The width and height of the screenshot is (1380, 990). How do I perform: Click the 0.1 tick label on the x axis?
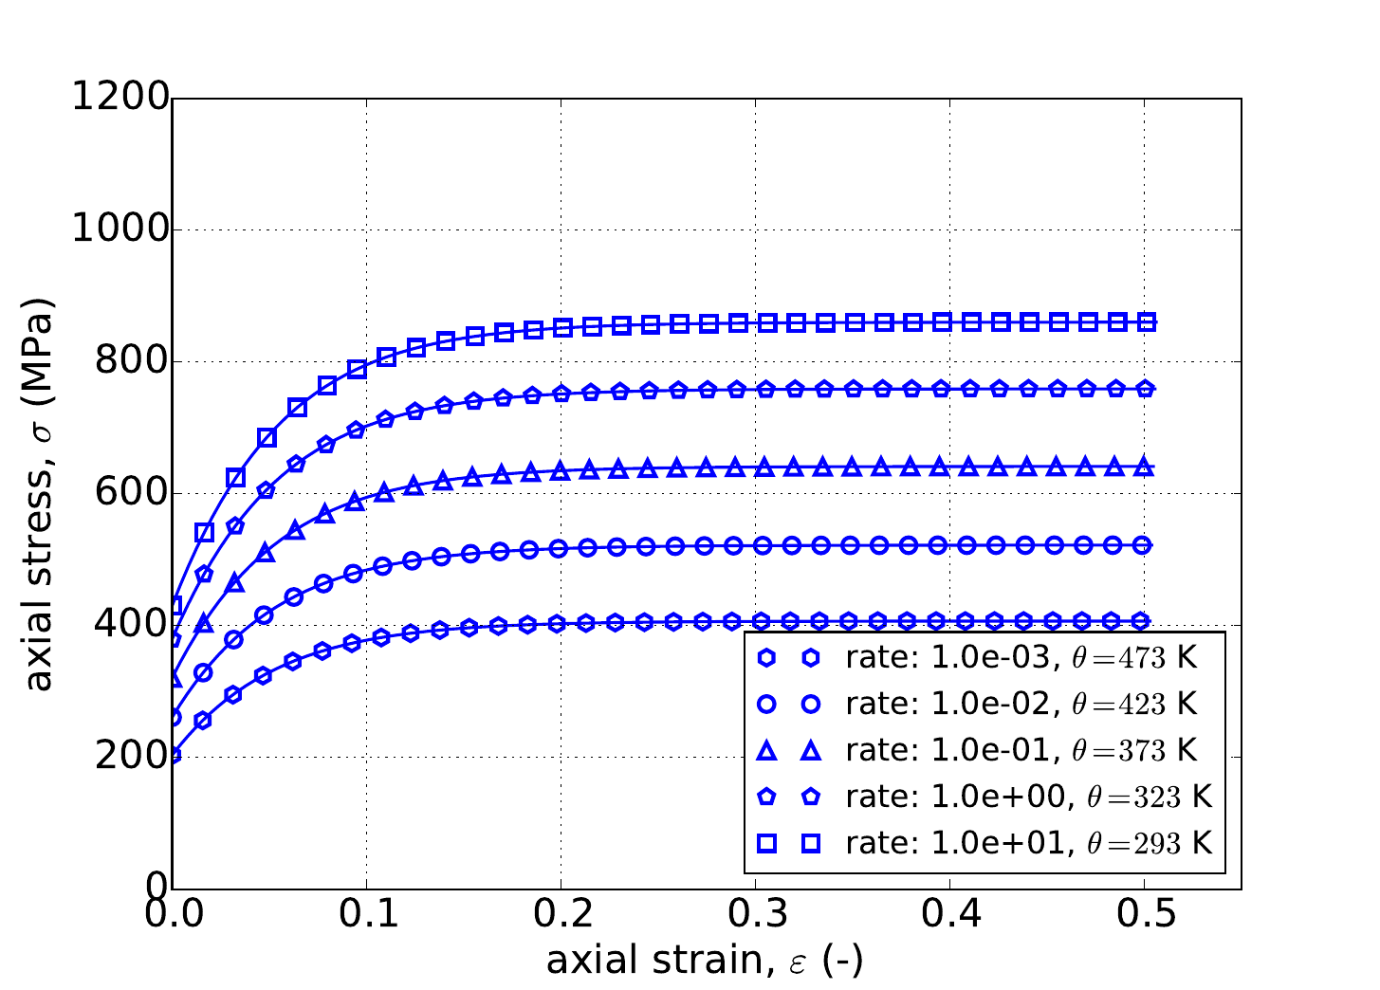pyautogui.click(x=366, y=916)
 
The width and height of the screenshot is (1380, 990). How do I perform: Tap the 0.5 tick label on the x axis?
pyautogui.click(x=1144, y=916)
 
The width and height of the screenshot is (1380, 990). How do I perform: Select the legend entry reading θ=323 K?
pyautogui.click(x=1028, y=797)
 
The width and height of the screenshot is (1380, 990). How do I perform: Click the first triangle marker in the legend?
pyautogui.click(x=768, y=751)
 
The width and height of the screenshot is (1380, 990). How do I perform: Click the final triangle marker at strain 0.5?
pyautogui.click(x=1144, y=467)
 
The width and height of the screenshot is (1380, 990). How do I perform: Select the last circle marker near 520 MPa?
pyautogui.click(x=1142, y=544)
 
